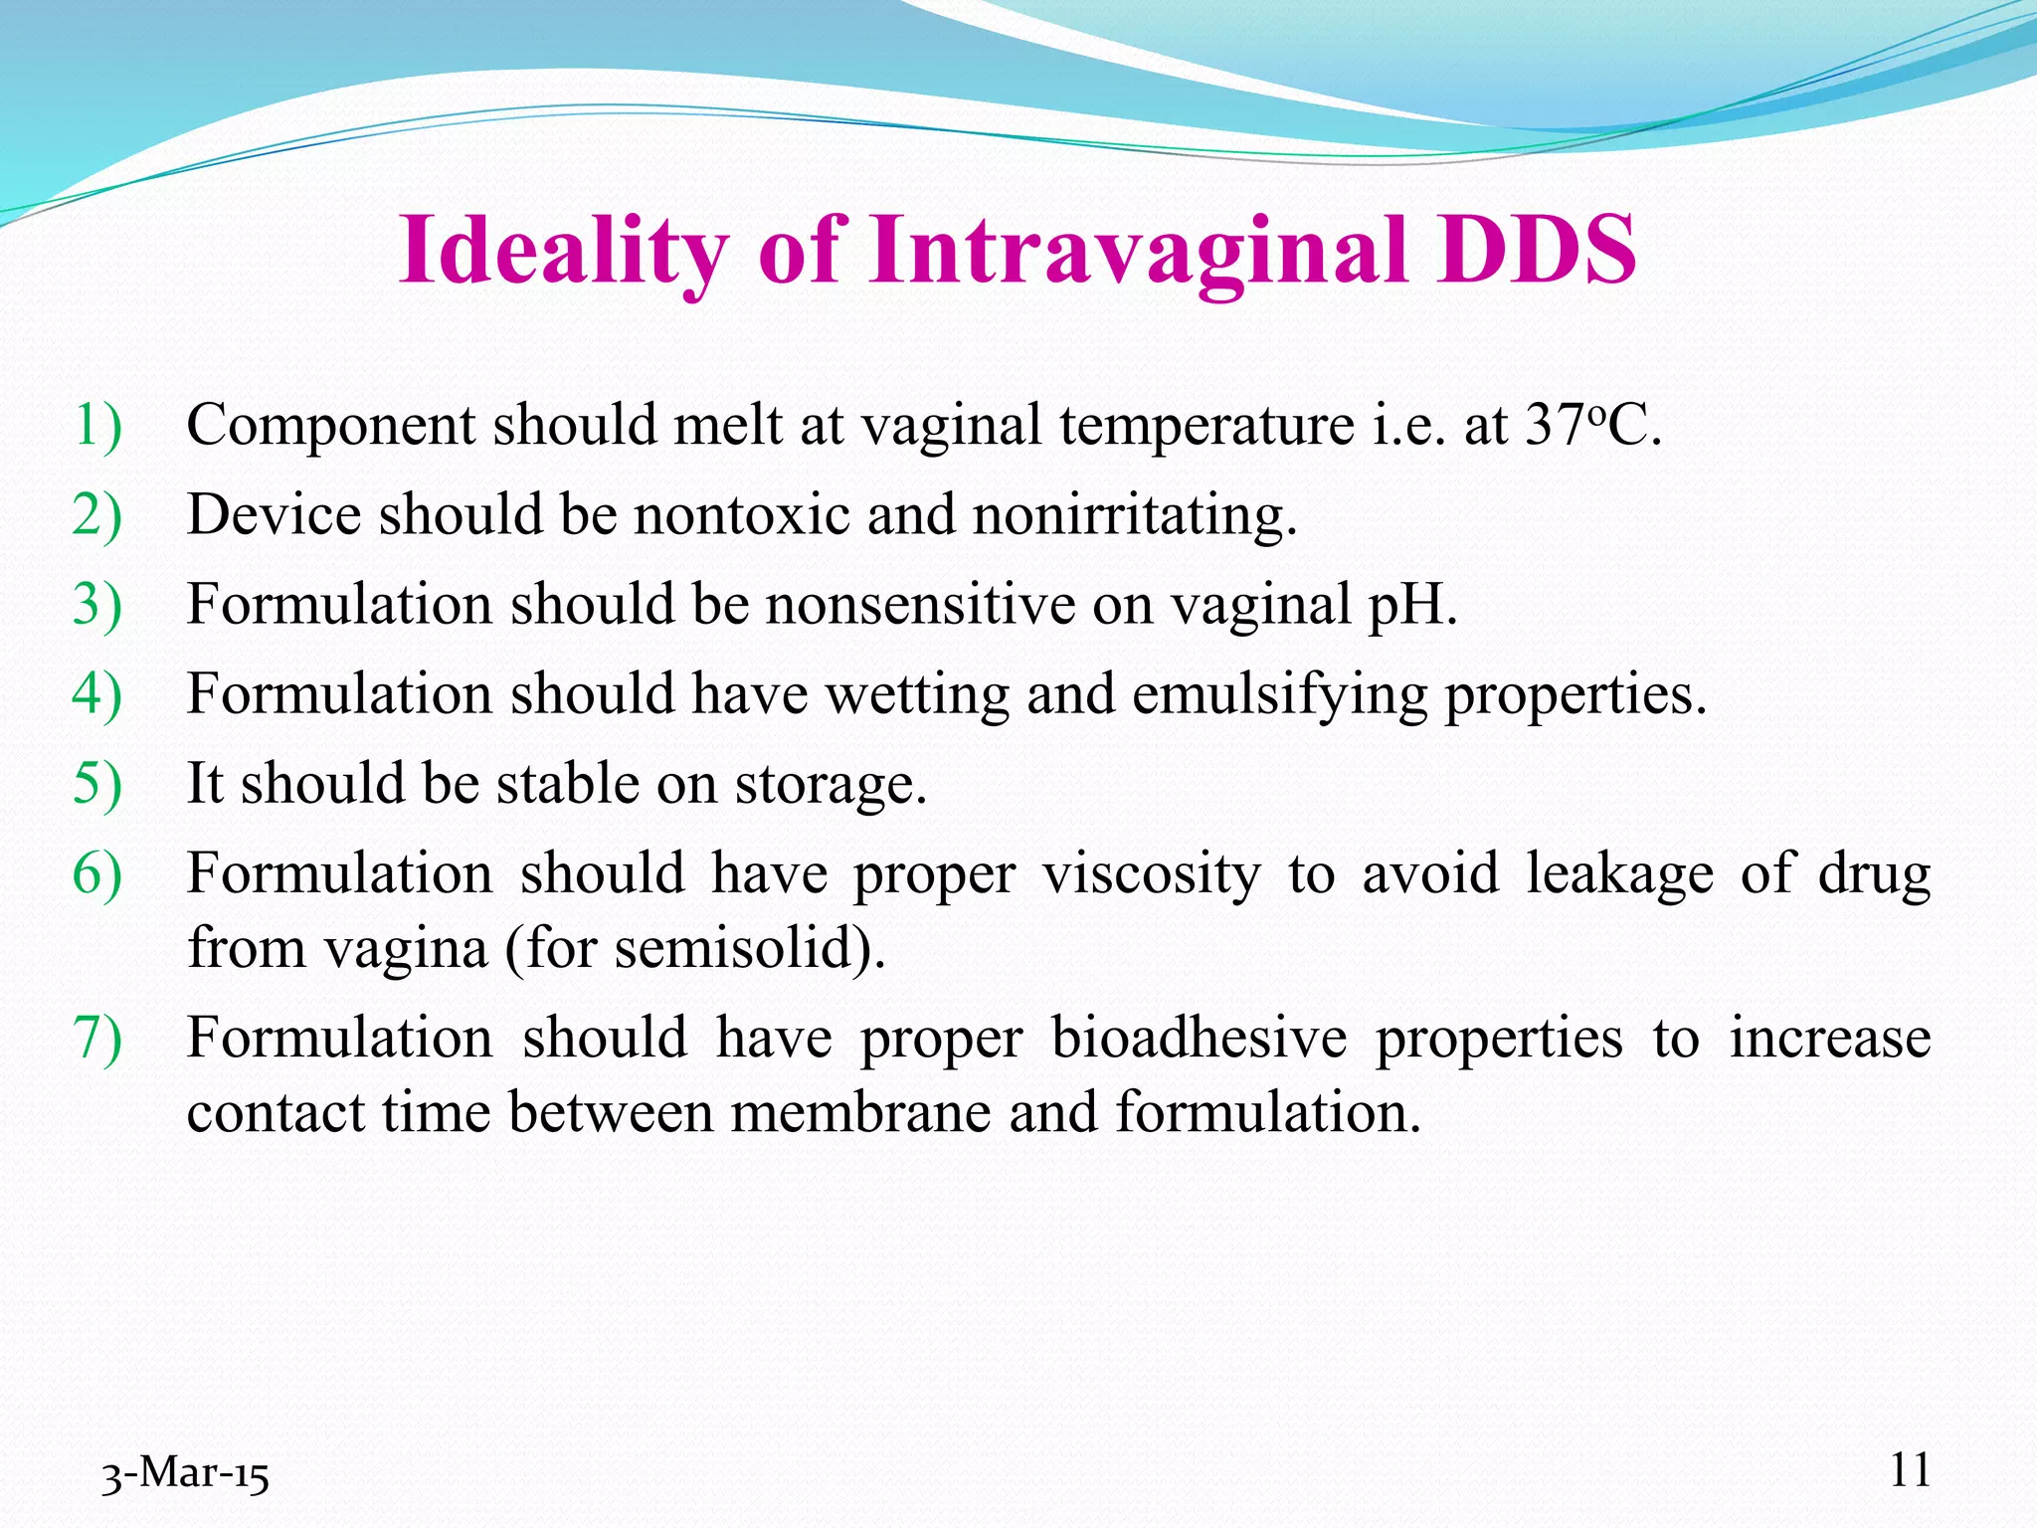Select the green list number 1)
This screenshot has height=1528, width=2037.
click(x=97, y=426)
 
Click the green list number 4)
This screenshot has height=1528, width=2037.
click(x=97, y=694)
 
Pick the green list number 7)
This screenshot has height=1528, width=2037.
click(x=97, y=1039)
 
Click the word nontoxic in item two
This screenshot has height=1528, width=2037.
click(x=742, y=515)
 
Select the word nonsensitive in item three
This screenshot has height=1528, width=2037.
click(x=920, y=605)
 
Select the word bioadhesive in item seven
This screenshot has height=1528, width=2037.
click(x=1199, y=1039)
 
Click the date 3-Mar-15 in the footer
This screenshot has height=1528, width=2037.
click(x=185, y=1473)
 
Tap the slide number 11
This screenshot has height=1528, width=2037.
click(x=1910, y=1469)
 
